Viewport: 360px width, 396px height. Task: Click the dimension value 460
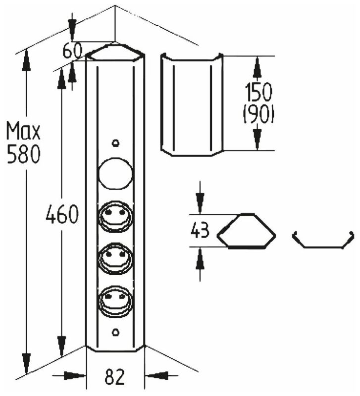coord(62,215)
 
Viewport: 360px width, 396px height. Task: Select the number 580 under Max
coord(23,155)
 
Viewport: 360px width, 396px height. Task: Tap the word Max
coord(23,132)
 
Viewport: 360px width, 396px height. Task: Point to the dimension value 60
coord(73,50)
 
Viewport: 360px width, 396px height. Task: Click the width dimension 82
coord(115,378)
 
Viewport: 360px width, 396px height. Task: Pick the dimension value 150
coord(258,93)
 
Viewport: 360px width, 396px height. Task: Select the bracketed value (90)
coord(258,115)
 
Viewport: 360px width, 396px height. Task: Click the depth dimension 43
coord(200,231)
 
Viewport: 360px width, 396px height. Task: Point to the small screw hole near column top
coord(115,143)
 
